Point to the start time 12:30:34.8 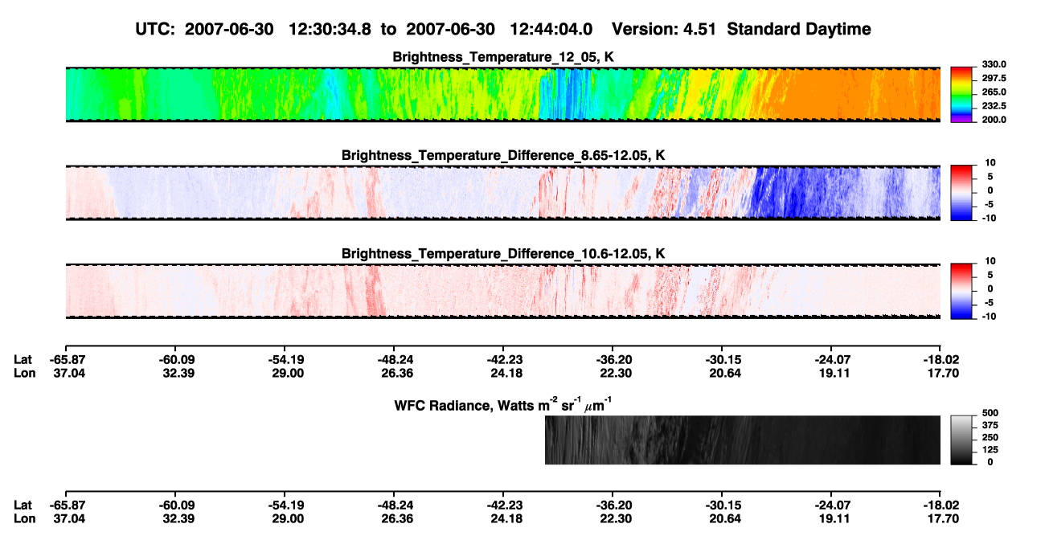(330, 29)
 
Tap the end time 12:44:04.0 (551, 29)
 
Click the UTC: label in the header (155, 29)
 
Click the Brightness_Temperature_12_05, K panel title (503, 57)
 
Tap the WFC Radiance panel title (503, 404)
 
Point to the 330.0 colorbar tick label (994, 64)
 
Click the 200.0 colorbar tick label (994, 120)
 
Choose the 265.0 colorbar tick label (994, 92)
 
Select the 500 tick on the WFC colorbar (990, 413)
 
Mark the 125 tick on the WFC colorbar (990, 450)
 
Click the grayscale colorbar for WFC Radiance (961, 440)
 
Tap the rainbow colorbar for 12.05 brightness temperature (961, 95)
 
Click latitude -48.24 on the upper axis (395, 360)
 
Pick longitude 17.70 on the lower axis (943, 519)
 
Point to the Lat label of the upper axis (23, 360)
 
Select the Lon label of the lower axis (25, 519)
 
